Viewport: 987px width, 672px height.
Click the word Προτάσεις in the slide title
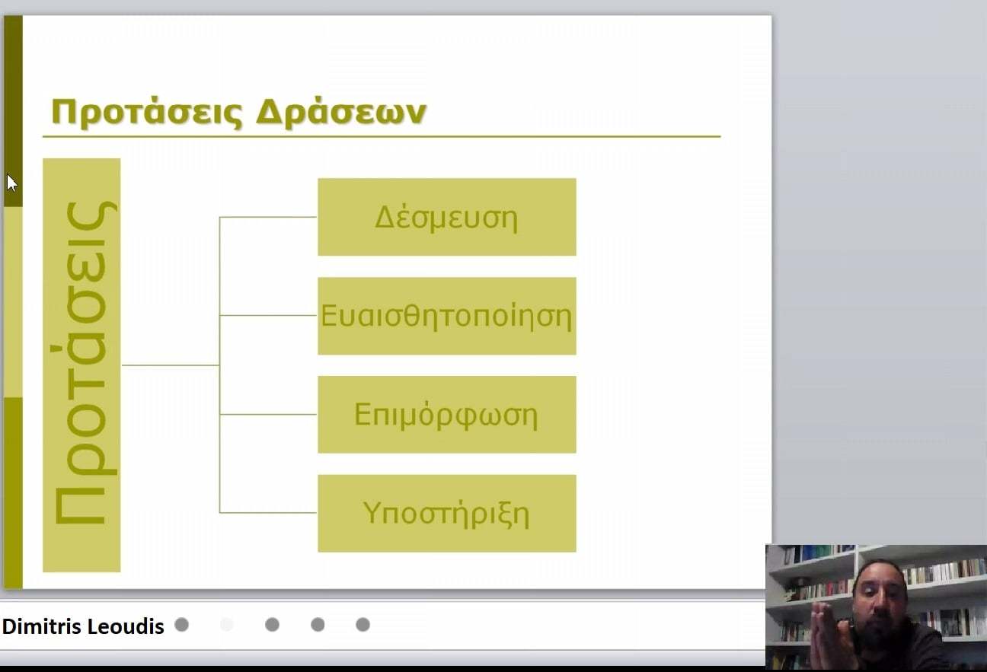coord(147,113)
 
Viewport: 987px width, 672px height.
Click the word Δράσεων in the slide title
coord(341,112)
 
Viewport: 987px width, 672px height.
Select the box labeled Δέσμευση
coord(447,217)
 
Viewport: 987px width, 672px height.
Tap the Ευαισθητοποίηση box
coord(447,316)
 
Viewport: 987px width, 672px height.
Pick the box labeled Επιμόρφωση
coord(447,415)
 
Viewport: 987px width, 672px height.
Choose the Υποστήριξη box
coord(447,514)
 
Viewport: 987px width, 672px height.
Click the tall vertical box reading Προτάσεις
coord(81,365)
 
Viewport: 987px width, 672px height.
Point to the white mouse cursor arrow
coord(11,183)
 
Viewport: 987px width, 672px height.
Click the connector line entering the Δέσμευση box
coord(268,217)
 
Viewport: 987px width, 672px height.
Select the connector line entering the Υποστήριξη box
coord(268,513)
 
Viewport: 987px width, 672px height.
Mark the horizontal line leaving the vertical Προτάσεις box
coord(171,365)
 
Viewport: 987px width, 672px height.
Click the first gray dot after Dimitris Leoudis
coord(181,625)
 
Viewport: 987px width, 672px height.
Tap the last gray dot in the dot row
coord(363,625)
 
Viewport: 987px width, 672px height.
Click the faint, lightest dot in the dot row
coord(227,625)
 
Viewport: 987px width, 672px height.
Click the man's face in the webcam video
coord(878,594)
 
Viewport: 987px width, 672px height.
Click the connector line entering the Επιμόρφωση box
coord(268,414)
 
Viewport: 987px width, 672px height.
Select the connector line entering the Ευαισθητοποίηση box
coord(268,315)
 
